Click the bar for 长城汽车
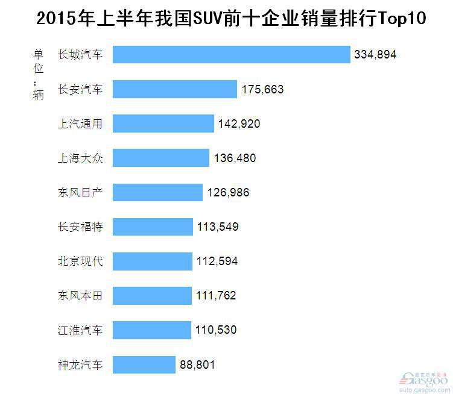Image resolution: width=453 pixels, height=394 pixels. pyautogui.click(x=231, y=55)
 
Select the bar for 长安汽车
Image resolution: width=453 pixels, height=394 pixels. pyautogui.click(x=174, y=89)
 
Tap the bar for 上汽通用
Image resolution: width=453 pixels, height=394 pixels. pyautogui.click(x=163, y=124)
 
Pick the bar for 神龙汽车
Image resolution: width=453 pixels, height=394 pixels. pyautogui.click(x=144, y=364)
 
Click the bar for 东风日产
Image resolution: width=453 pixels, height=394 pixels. pyautogui.click(x=157, y=193)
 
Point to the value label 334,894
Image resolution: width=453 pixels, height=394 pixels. pyautogui.click(x=375, y=55)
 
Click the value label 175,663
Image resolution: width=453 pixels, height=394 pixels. pyautogui.click(x=262, y=89)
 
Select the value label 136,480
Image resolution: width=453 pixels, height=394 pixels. pyautogui.click(x=235, y=158)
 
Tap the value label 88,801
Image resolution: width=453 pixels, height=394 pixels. pyautogui.click(x=197, y=364)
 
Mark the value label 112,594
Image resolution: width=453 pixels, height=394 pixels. pyautogui.click(x=217, y=261)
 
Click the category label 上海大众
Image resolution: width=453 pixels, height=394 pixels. pyautogui.click(x=80, y=158)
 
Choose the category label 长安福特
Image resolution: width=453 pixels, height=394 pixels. pyautogui.click(x=80, y=227)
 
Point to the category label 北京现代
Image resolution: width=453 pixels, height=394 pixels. pyautogui.click(x=80, y=261)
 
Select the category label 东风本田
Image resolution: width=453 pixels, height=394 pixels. pyautogui.click(x=80, y=296)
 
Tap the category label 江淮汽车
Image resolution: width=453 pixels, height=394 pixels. pyautogui.click(x=80, y=330)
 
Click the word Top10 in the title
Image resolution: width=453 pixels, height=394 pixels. pyautogui.click(x=401, y=18)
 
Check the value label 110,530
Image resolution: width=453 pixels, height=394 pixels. pyautogui.click(x=216, y=330)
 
